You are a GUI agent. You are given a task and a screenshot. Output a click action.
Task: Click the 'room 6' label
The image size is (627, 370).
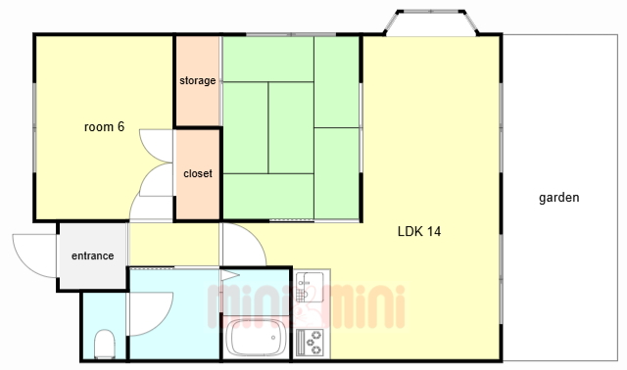coord(104,127)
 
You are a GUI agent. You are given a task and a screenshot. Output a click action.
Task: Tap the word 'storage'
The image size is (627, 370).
coord(198,80)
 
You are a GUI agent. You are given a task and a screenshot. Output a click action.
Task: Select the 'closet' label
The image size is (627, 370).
coord(198,174)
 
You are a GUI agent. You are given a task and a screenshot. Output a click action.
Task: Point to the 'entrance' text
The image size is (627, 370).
coord(92,255)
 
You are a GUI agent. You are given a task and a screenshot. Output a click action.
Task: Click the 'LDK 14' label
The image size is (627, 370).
coord(419,231)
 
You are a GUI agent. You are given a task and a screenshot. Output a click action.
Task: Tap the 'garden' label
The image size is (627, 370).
coord(559,198)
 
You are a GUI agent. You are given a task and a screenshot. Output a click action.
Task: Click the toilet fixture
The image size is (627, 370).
coord(105,344)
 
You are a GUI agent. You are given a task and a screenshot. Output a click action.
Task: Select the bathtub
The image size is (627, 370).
coord(255,338)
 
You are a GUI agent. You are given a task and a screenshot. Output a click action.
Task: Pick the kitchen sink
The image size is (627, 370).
coord(310,287)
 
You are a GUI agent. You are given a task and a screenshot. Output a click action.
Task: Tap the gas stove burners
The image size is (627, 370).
coord(313,343)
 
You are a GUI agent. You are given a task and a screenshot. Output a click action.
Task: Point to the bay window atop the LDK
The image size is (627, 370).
coord(431,23)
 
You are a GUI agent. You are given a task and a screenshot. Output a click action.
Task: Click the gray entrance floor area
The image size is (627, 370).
coord(93,255)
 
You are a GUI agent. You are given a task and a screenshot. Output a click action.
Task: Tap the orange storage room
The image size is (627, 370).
coord(198,81)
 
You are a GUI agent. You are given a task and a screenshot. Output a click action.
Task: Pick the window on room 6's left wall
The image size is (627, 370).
coord(35,128)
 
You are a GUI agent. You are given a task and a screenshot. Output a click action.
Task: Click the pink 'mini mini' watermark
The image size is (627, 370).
coord(306,306)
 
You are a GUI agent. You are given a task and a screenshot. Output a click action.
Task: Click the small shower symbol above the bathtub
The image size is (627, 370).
coord(229,275)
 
